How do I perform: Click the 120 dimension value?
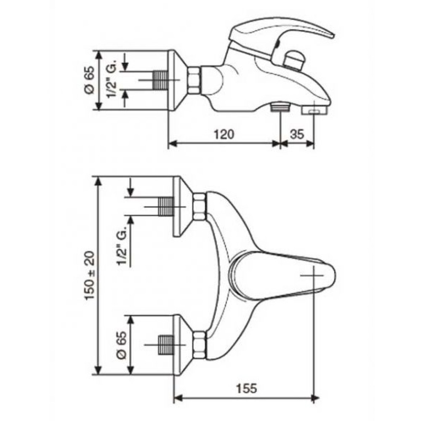(224, 134)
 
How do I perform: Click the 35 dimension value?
(297, 134)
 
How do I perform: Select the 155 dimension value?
(246, 388)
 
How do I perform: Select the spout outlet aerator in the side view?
(314, 110)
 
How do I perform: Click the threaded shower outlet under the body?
(280, 107)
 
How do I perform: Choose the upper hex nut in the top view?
(200, 206)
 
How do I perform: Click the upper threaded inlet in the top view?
(165, 207)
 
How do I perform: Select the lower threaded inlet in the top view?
(165, 345)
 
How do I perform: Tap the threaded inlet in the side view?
(160, 80)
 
